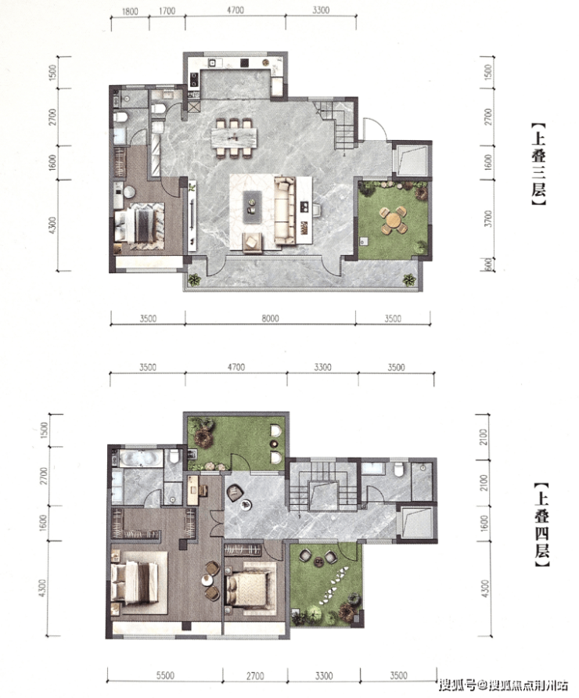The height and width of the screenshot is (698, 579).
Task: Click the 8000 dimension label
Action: coord(270,318)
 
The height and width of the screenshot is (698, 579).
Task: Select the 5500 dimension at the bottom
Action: coord(164,676)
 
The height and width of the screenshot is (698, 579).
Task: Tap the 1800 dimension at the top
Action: coord(130,11)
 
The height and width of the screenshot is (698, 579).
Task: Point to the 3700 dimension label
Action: coord(489,219)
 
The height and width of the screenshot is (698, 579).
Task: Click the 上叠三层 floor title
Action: coord(538,164)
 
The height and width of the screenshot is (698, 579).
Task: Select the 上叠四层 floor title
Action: coord(541,525)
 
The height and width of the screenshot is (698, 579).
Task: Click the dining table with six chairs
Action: coord(234,137)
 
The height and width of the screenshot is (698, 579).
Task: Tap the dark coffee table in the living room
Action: coord(253,207)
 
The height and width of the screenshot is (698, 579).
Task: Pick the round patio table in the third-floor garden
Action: coord(394,220)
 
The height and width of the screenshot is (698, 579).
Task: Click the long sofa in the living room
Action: coord(285,210)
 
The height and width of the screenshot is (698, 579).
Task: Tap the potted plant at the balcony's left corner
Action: coord(193,279)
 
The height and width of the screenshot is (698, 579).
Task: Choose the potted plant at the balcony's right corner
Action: coord(409,279)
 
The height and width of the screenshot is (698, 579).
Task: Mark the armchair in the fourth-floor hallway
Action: coord(235,493)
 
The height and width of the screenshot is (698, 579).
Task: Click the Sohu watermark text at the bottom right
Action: coord(503,684)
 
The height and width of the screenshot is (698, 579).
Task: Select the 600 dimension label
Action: coord(488,264)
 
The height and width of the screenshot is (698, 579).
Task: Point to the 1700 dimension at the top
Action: coord(167,11)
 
